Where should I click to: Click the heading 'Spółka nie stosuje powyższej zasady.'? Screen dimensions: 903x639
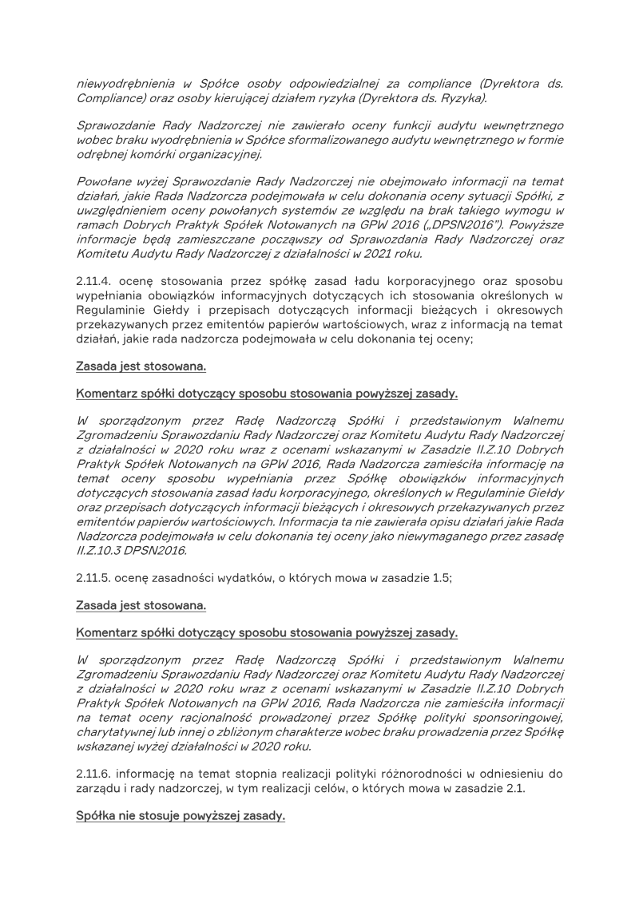(180, 817)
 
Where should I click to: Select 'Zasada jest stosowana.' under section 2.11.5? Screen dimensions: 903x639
(141, 606)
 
